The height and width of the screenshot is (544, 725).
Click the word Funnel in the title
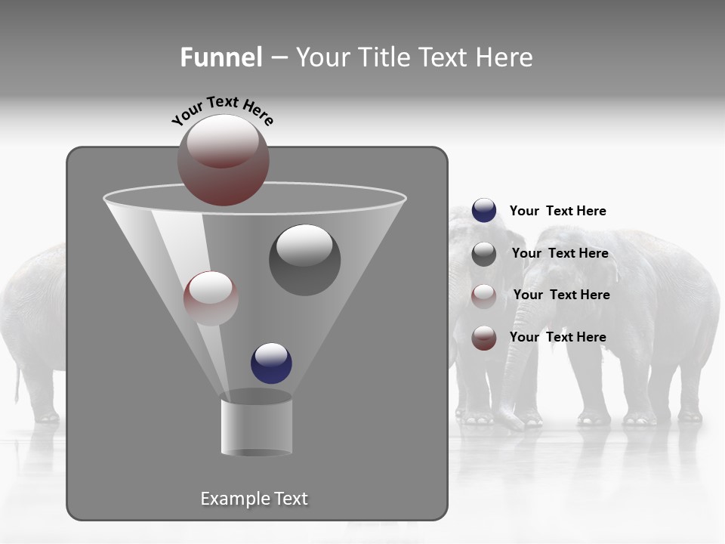tap(221, 57)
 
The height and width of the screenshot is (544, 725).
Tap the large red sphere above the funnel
tap(223, 160)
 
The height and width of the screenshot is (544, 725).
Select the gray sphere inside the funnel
tap(304, 260)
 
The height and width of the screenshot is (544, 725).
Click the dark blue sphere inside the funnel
tap(271, 363)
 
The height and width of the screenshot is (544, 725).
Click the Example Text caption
tap(254, 499)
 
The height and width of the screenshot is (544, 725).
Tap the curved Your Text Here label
tap(222, 110)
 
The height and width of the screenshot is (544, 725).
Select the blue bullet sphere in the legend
tap(483, 211)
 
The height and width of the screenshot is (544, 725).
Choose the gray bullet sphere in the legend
tap(483, 254)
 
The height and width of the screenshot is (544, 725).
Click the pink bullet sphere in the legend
tap(483, 295)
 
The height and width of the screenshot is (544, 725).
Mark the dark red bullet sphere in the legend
tap(483, 338)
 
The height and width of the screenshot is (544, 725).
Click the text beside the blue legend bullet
tap(557, 211)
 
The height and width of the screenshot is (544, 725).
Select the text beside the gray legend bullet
tap(560, 253)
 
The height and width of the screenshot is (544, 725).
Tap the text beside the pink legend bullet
tap(561, 295)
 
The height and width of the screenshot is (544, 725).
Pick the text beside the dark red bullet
tap(557, 337)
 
